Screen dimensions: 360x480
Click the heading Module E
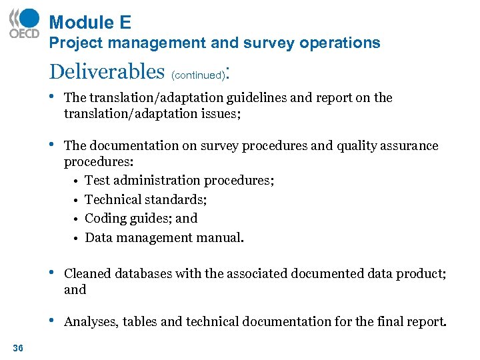click(90, 23)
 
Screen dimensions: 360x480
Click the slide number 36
click(18, 347)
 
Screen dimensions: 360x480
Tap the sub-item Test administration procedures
click(179, 181)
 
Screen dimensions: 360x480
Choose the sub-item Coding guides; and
click(141, 218)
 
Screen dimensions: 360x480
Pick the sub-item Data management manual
click(164, 237)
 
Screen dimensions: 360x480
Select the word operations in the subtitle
click(339, 43)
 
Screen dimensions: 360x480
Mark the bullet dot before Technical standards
click(77, 200)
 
